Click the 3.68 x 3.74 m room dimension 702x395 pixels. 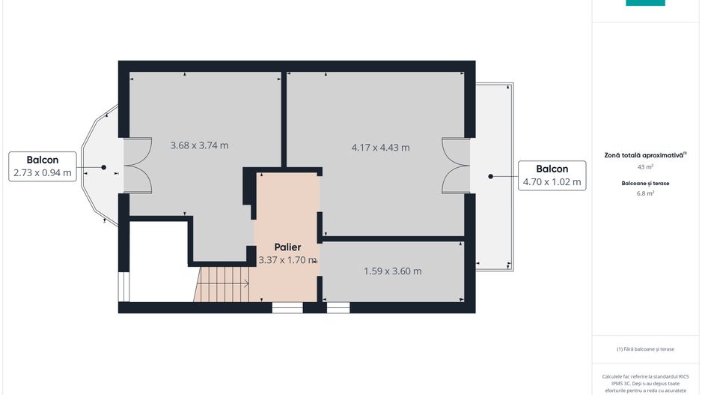coord(199,145)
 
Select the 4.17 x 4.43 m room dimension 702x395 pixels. coord(380,148)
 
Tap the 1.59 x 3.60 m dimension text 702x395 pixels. coord(392,271)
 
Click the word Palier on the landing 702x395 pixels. coord(287,247)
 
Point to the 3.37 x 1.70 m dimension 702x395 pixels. coord(287,260)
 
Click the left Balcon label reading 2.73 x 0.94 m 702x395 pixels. coord(42,166)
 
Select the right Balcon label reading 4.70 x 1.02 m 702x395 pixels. coord(552,175)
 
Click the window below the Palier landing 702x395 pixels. coord(287,307)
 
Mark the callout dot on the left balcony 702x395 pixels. coord(103,167)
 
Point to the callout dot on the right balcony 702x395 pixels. coord(491,177)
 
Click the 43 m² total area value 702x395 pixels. coord(645,167)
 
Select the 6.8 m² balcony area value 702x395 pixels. coord(645,193)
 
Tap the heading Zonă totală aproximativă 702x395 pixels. coord(645,155)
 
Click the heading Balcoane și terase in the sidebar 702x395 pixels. coord(645,182)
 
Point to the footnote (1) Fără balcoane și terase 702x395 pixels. coord(645,349)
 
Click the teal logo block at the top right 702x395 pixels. coord(645,3)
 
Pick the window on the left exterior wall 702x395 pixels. coord(123,286)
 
